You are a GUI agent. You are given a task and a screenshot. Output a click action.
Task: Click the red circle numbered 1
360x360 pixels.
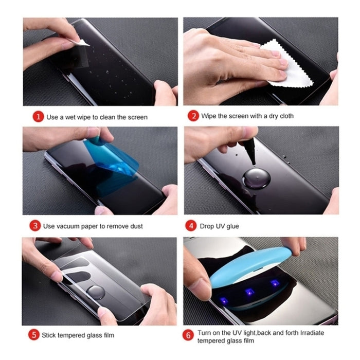click(38, 117)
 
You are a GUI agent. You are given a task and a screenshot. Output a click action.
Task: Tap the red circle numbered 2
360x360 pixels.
click(193, 116)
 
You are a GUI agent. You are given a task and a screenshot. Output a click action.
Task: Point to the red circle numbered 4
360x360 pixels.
click(191, 226)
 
